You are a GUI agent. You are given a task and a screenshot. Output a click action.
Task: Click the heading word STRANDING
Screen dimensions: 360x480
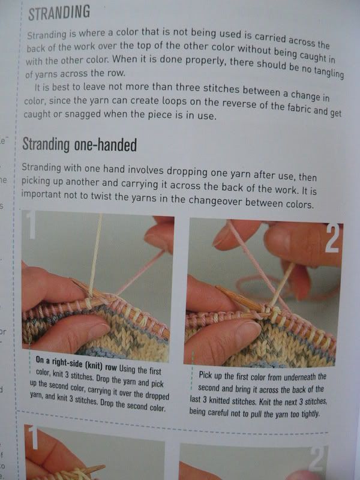[59, 13]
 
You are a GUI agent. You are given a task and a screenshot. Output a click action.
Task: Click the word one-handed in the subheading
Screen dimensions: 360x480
[106, 145]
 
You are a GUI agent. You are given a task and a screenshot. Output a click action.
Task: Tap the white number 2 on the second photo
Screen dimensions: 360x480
[332, 238]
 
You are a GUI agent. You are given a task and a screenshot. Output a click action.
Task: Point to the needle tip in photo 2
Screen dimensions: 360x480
[217, 288]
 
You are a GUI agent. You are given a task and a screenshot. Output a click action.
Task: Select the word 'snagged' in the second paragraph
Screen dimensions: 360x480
[82, 115]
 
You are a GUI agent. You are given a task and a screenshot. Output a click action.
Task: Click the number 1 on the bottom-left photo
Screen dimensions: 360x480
[32, 437]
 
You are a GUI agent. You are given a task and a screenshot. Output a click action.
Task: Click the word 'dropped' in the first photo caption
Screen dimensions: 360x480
[157, 396]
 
